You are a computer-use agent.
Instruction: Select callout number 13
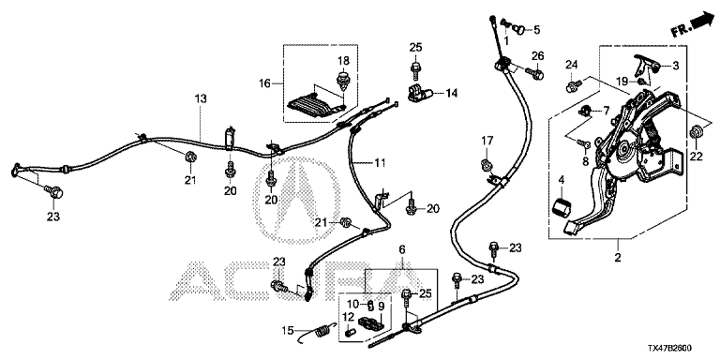click(x=201, y=98)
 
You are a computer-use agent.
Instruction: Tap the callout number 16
click(x=265, y=83)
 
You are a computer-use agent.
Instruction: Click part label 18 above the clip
click(x=343, y=61)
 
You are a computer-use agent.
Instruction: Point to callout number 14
click(x=452, y=93)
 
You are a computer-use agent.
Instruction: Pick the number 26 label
click(x=538, y=56)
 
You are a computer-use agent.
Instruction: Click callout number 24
click(x=571, y=64)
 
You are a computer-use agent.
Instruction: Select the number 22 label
click(x=697, y=157)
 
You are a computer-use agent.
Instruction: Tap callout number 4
click(x=562, y=180)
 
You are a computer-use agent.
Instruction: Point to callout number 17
click(x=487, y=140)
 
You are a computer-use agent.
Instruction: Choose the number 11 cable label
click(x=380, y=162)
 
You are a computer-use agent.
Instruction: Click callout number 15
click(x=288, y=330)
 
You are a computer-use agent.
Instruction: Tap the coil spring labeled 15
click(x=322, y=330)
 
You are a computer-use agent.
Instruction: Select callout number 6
click(x=402, y=249)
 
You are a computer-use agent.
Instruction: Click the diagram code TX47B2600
click(x=671, y=349)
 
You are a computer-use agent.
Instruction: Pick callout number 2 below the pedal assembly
click(x=618, y=258)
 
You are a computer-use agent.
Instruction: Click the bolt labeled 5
click(x=517, y=30)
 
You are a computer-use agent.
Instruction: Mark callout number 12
click(x=348, y=316)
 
